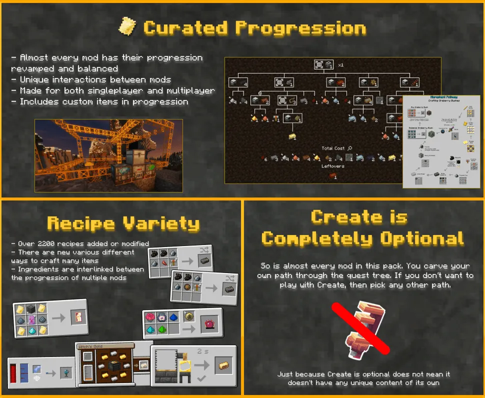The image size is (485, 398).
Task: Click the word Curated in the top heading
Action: pos(185,28)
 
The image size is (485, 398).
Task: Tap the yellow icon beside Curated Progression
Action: pos(127,26)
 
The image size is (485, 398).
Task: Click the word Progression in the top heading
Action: pos(300,28)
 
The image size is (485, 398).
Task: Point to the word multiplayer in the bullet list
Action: pos(189,91)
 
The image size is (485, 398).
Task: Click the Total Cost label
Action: pos(333,148)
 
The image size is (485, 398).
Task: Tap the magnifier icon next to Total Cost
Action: pos(349,148)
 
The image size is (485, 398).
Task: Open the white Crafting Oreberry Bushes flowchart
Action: pos(442,141)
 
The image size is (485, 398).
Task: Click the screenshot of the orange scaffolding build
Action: pos(108,155)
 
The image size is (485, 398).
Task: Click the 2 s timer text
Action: pos(203,351)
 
